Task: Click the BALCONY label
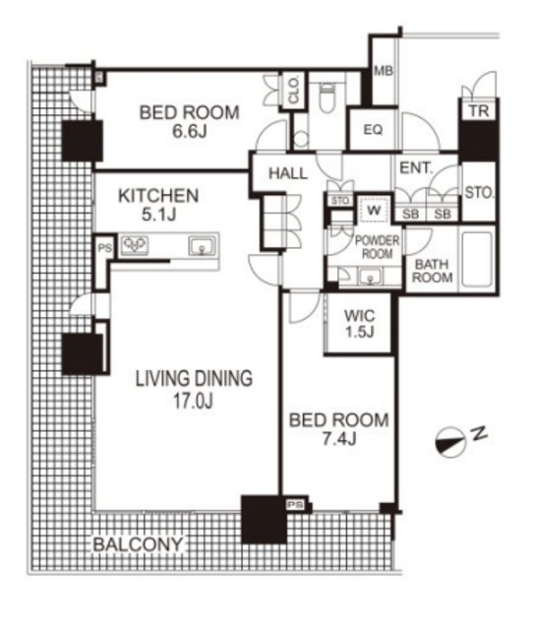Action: (138, 544)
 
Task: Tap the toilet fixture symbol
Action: (328, 96)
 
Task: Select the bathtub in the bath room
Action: (477, 259)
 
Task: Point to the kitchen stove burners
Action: (135, 245)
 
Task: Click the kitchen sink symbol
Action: (202, 246)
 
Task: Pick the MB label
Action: (384, 71)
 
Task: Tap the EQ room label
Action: (373, 130)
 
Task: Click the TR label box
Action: (479, 110)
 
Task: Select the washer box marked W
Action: (374, 210)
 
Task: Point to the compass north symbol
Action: (451, 442)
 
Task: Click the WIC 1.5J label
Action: (359, 324)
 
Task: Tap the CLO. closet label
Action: (294, 91)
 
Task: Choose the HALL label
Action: (288, 173)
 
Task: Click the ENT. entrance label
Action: (417, 168)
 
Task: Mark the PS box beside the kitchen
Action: (104, 248)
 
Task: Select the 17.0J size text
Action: (193, 401)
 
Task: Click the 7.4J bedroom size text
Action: (339, 439)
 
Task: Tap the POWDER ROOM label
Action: (378, 247)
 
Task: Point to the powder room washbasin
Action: (370, 276)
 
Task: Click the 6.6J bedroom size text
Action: (190, 131)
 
